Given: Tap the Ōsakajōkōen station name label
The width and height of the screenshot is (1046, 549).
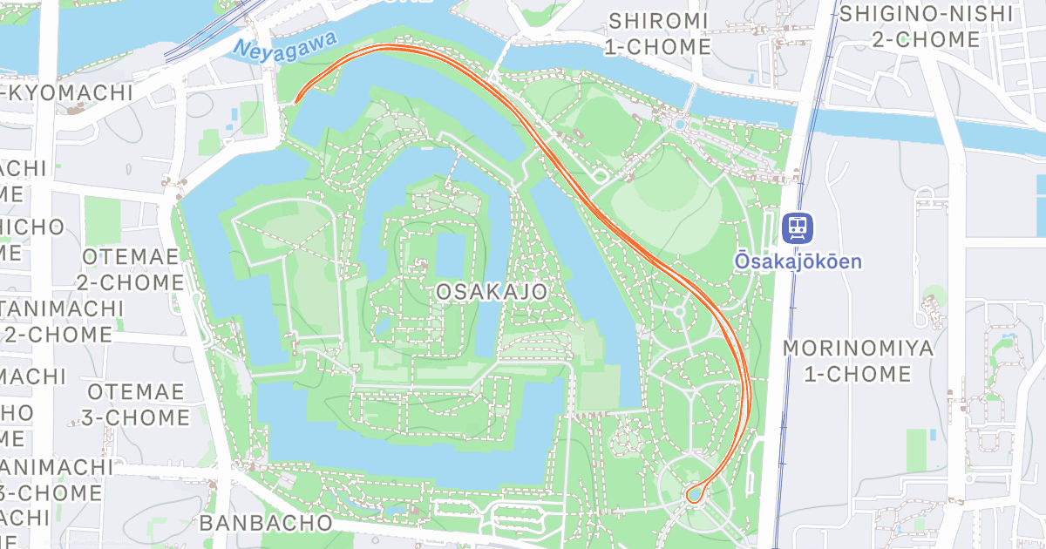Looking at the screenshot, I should click(x=798, y=261).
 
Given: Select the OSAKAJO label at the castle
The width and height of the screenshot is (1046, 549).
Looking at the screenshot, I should click(x=493, y=291).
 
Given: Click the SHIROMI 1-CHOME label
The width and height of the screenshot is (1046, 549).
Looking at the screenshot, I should click(x=659, y=33).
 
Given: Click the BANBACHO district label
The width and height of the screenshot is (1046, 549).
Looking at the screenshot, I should click(x=266, y=523).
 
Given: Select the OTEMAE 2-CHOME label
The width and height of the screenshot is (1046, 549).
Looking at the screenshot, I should click(x=131, y=270).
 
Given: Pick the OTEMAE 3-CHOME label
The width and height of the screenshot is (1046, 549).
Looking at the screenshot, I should click(x=137, y=404).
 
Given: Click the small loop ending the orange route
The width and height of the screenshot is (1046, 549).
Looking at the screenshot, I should click(x=695, y=494).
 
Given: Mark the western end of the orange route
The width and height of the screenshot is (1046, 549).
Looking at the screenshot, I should click(x=296, y=101).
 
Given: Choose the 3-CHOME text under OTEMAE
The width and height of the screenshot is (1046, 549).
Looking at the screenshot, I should click(x=137, y=417).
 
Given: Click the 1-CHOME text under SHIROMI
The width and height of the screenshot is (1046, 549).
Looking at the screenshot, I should click(x=659, y=46).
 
